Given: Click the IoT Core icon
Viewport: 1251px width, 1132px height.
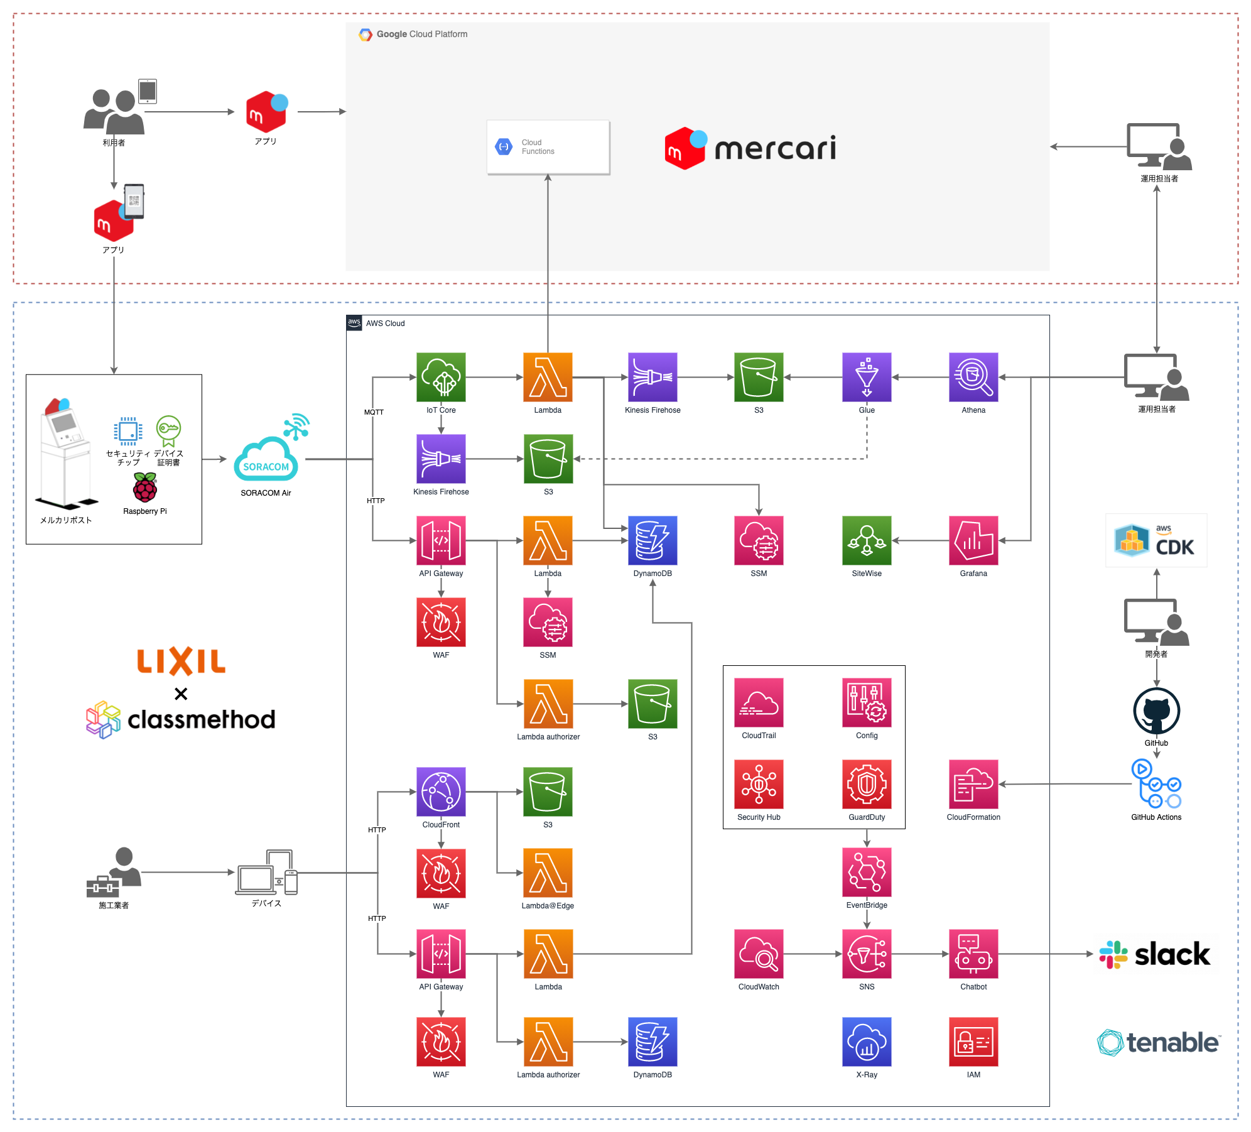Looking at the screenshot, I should pyautogui.click(x=441, y=377).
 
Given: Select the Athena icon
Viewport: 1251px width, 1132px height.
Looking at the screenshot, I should pyautogui.click(x=973, y=377).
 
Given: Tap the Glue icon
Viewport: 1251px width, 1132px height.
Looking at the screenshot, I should pyautogui.click(x=866, y=377).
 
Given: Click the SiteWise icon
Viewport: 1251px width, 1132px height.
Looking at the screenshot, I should pyautogui.click(x=866, y=540).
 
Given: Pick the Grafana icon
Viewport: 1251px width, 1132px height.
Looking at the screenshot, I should pyautogui.click(x=973, y=540).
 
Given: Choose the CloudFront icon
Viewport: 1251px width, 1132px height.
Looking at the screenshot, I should pyautogui.click(x=441, y=792).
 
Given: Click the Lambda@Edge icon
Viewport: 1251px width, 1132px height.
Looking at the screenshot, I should pyautogui.click(x=548, y=873).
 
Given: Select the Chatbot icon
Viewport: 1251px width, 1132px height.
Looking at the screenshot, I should pyautogui.click(x=973, y=954).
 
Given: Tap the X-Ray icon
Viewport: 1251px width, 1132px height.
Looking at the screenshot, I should pyautogui.click(x=866, y=1042).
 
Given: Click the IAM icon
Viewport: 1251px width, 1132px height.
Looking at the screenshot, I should pyautogui.click(x=973, y=1042).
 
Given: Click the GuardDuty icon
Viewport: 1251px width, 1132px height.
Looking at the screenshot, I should pyautogui.click(x=866, y=784).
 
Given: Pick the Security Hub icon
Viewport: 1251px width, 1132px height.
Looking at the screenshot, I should pyautogui.click(x=759, y=784).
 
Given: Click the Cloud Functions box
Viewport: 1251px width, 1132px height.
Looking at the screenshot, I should pyautogui.click(x=548, y=147).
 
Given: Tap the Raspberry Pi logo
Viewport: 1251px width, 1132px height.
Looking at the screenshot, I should pyautogui.click(x=145, y=487).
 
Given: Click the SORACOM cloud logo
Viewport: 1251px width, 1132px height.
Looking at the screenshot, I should pyautogui.click(x=266, y=459).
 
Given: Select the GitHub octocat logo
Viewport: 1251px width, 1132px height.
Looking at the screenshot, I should pyautogui.click(x=1156, y=711).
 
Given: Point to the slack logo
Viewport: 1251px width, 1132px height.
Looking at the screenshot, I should pyautogui.click(x=1155, y=954).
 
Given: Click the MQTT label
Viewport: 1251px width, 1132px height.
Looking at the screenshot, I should pyautogui.click(x=374, y=412).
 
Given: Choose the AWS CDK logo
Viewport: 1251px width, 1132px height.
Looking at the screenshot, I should pyautogui.click(x=1156, y=540).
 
